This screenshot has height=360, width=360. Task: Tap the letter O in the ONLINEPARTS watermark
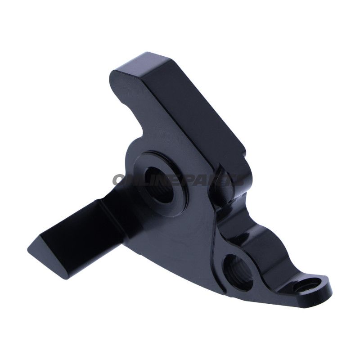click(x=120, y=180)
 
